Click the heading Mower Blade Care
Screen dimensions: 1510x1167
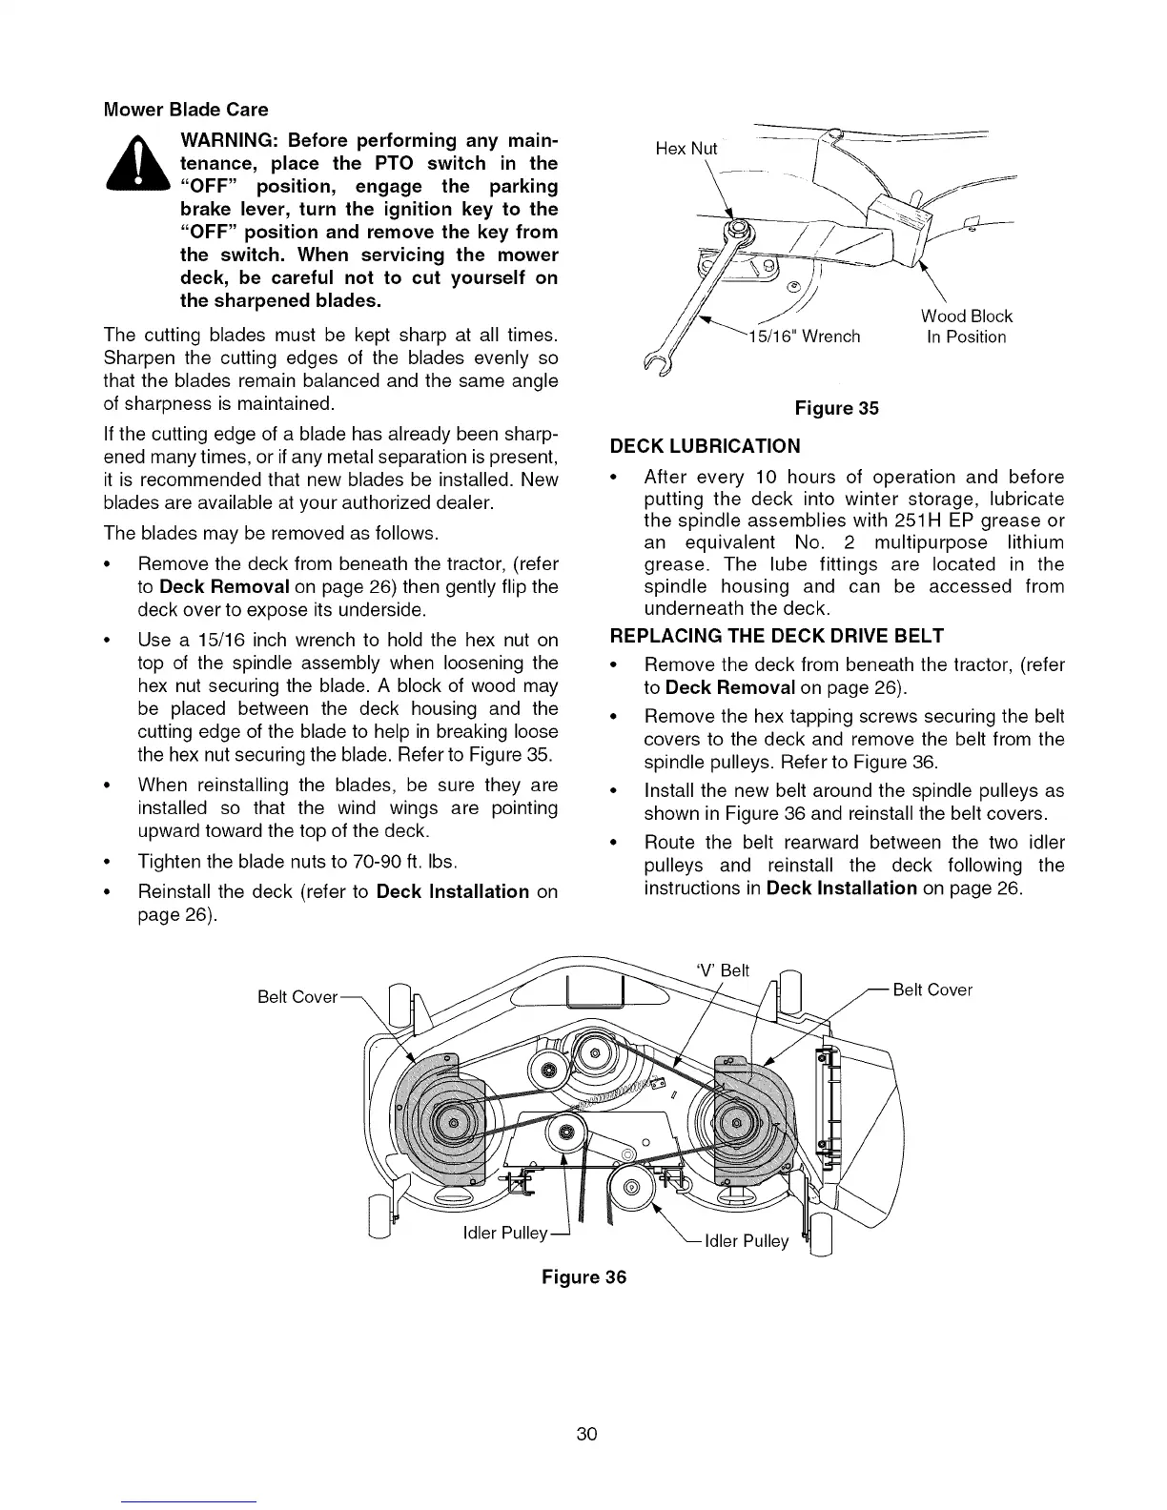pos(186,110)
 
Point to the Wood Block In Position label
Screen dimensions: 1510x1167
pos(966,326)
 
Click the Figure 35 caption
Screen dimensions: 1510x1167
pos(836,409)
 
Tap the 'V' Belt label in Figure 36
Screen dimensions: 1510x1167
pos(724,971)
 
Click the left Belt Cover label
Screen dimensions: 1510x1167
pos(297,997)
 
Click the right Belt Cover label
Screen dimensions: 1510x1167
pos(932,990)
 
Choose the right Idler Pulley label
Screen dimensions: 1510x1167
pos(747,1241)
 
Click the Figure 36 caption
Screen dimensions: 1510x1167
pos(583,1277)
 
